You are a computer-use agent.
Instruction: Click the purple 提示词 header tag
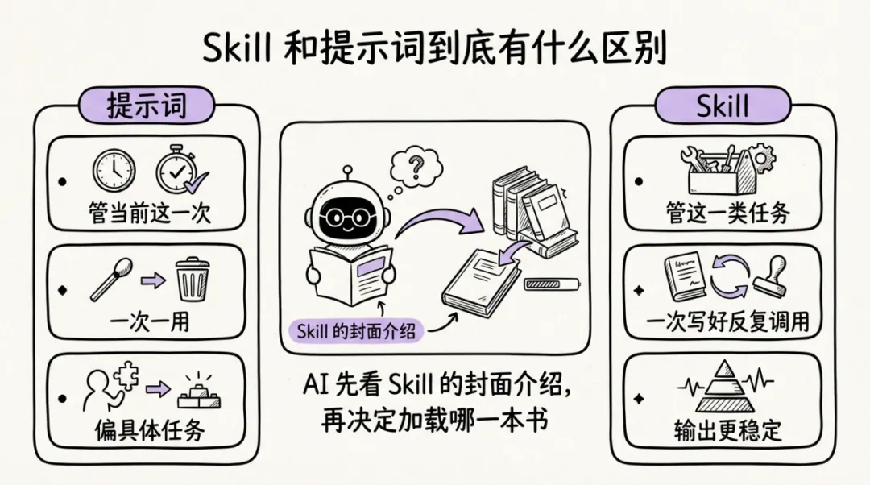147,106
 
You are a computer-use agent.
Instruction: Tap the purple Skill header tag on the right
723,106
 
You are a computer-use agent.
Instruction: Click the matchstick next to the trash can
111,278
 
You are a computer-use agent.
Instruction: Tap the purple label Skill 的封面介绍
355,330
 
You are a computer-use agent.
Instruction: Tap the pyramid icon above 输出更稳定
723,388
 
